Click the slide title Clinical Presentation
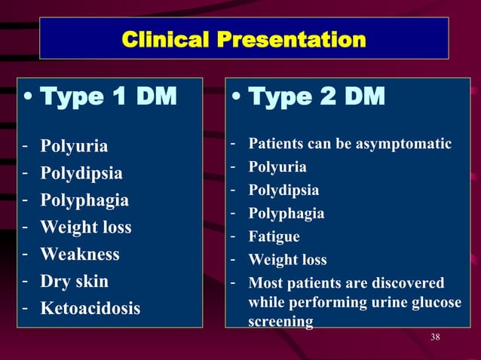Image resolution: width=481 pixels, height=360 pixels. [x=244, y=39]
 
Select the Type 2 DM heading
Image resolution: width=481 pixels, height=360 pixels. [x=316, y=96]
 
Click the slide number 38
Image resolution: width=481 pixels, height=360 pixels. [x=435, y=337]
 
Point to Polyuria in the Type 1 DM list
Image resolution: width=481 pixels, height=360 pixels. [x=74, y=146]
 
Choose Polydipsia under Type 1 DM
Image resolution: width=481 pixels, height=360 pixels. [x=81, y=173]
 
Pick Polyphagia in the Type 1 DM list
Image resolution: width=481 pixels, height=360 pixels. [x=84, y=200]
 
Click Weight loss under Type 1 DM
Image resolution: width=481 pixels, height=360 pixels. [x=85, y=227]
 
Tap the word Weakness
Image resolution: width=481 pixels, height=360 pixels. [x=80, y=255]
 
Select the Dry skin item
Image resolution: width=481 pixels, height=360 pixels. [x=74, y=282]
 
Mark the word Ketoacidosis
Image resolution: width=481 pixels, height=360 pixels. [x=90, y=309]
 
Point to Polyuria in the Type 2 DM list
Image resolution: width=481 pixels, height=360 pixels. [x=277, y=166]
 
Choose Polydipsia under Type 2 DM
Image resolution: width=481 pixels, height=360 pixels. [x=283, y=190]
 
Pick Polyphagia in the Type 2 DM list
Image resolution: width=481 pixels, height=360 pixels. [x=286, y=213]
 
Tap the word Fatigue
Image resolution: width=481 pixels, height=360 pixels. [x=274, y=236]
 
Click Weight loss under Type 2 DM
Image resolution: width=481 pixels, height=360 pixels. [x=287, y=260]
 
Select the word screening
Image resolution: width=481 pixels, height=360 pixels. [x=280, y=322]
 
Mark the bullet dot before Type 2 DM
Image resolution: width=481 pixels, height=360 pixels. [x=237, y=98]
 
